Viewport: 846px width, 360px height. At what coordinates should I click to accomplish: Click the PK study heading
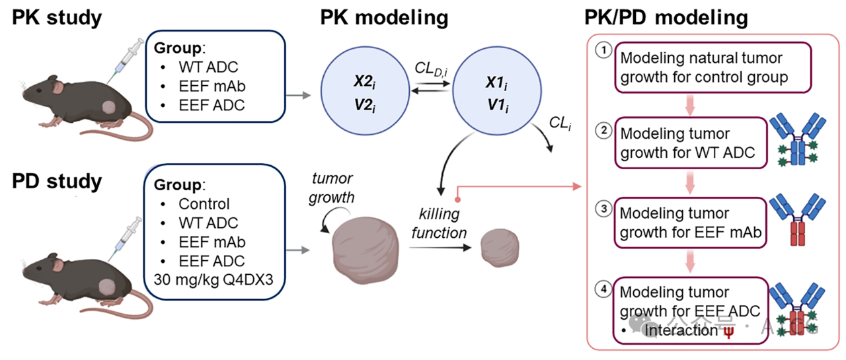tap(57, 17)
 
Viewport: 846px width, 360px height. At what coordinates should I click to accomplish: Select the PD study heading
tap(58, 181)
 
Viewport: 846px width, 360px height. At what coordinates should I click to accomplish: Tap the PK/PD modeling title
tap(666, 17)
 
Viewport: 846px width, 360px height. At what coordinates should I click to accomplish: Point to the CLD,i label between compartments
tap(430, 68)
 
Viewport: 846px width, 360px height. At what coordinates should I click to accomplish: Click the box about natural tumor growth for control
tap(705, 67)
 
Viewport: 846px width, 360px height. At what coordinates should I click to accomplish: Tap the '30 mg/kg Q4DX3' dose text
tap(211, 278)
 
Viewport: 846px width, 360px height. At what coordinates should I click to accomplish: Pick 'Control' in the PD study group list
tap(204, 204)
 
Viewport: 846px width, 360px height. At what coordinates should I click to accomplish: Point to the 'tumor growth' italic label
tap(332, 188)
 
